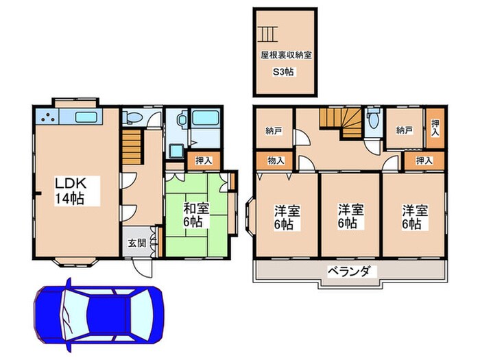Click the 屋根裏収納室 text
[x=286, y=55]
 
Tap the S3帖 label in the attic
[x=284, y=72]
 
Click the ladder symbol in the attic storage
[x=267, y=33]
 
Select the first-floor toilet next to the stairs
[x=132, y=117]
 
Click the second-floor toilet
[x=372, y=119]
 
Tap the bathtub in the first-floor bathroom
[x=206, y=117]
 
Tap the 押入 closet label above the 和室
[x=203, y=161]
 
